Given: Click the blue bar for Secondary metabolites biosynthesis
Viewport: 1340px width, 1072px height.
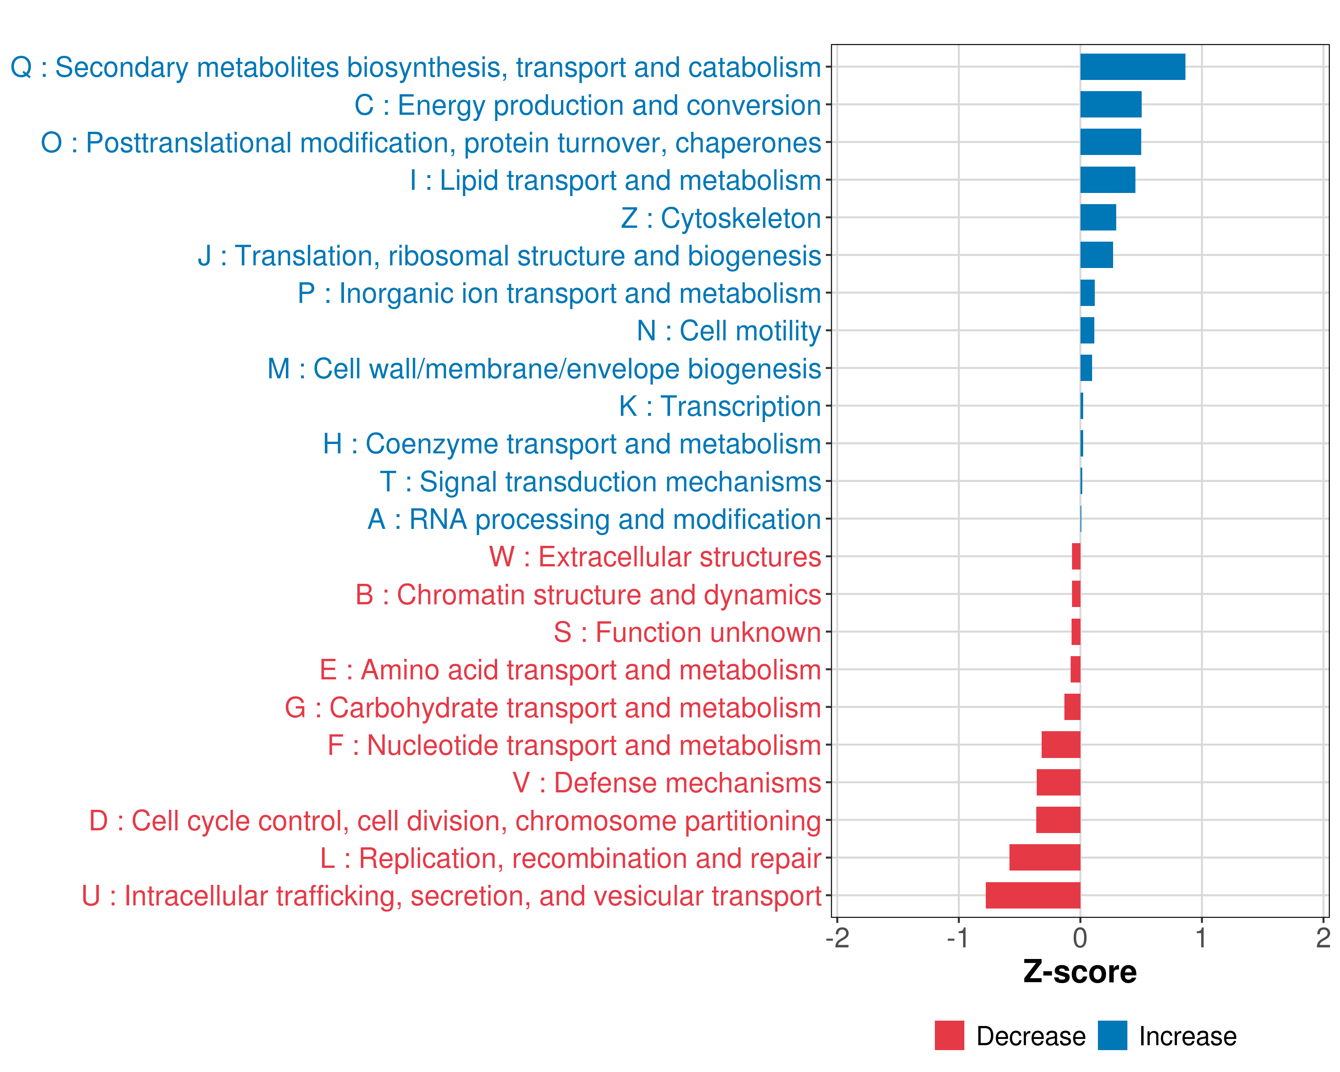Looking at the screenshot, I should tap(1132, 67).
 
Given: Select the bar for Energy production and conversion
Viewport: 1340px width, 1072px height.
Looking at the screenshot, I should tap(1111, 105).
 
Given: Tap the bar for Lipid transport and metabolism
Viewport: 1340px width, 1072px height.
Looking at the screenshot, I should tap(1108, 180).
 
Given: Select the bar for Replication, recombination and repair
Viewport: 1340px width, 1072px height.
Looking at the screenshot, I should tap(1045, 858).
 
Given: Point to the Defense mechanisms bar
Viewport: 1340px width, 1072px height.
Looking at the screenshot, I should tap(1059, 783).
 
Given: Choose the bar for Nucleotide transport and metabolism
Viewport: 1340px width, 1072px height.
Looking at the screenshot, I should tap(1061, 745).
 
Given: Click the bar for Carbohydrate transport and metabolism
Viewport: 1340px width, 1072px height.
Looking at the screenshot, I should tap(1072, 707).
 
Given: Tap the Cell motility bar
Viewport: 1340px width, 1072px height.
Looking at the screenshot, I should tap(1087, 331).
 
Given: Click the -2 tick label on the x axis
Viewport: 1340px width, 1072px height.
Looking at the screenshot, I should tap(837, 938).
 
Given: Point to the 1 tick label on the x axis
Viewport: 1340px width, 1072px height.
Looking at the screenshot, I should tap(1202, 938).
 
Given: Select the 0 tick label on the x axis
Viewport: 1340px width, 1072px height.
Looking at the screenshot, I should tap(1080, 938).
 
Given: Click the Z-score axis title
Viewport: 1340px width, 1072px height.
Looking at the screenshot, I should tap(1080, 972).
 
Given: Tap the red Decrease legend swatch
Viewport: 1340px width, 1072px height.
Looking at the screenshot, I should tap(949, 1036).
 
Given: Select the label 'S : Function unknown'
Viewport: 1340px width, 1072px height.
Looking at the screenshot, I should tap(687, 632).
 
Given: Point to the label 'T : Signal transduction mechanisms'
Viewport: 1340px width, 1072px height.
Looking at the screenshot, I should tap(600, 482).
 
